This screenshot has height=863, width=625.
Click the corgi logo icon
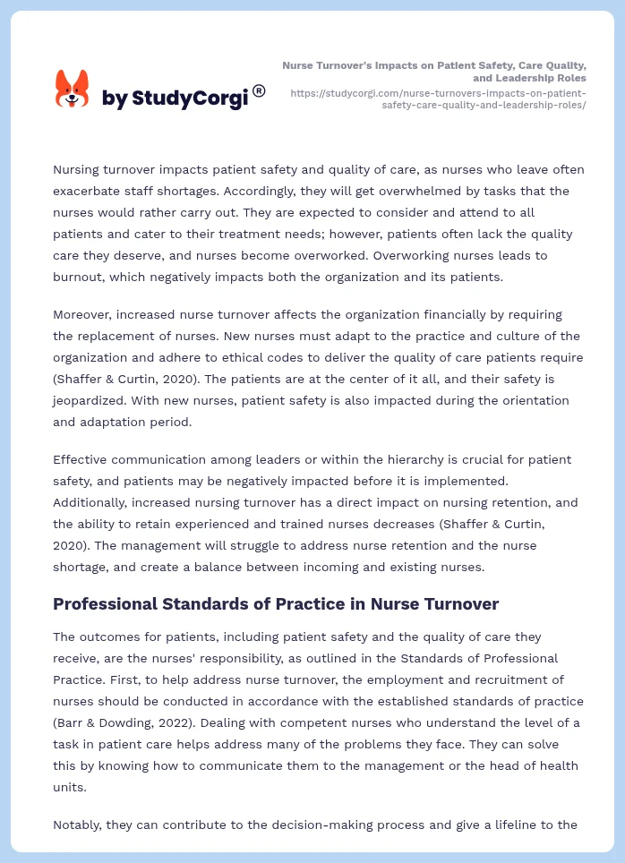pos(73,90)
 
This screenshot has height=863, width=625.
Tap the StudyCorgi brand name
pos(175,98)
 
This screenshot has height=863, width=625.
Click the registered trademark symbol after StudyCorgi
pos(259,90)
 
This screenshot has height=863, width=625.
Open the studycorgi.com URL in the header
pos(439,98)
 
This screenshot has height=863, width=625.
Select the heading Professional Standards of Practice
pos(276,603)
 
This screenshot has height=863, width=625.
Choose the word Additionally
pos(98,502)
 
